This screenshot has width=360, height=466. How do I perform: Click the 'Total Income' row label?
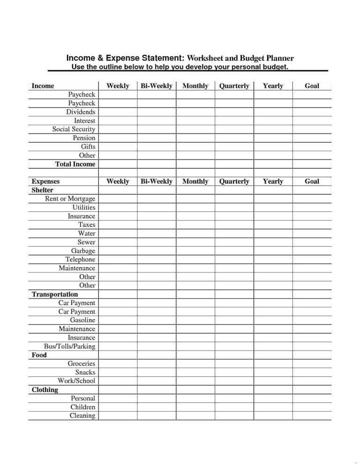[x=75, y=164]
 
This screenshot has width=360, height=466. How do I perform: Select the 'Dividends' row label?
[x=81, y=112]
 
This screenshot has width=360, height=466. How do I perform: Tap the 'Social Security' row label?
[x=74, y=129]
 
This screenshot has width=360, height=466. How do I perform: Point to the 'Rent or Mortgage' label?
[x=70, y=199]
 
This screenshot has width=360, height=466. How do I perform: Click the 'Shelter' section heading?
[x=42, y=190]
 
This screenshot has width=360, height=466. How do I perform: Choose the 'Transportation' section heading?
[x=55, y=294]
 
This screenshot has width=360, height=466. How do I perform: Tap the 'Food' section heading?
[x=39, y=355]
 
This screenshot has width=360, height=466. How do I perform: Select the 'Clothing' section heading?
[x=45, y=390]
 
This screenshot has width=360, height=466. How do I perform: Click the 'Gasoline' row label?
[x=82, y=320]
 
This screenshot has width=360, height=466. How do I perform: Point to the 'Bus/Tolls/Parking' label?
[x=69, y=346]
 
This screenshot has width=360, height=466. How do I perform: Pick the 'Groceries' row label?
[x=81, y=364]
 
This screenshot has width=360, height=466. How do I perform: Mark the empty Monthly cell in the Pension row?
[x=195, y=138]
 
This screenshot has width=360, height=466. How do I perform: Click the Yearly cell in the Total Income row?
[x=273, y=164]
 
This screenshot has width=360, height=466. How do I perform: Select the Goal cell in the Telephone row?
[x=312, y=260]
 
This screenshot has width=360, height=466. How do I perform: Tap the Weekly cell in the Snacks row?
[x=118, y=373]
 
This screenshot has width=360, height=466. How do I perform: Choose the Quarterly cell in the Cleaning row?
[x=234, y=416]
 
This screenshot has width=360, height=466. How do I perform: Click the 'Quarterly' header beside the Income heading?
[x=234, y=86]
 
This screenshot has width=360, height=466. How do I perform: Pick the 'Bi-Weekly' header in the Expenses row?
[x=157, y=181]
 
